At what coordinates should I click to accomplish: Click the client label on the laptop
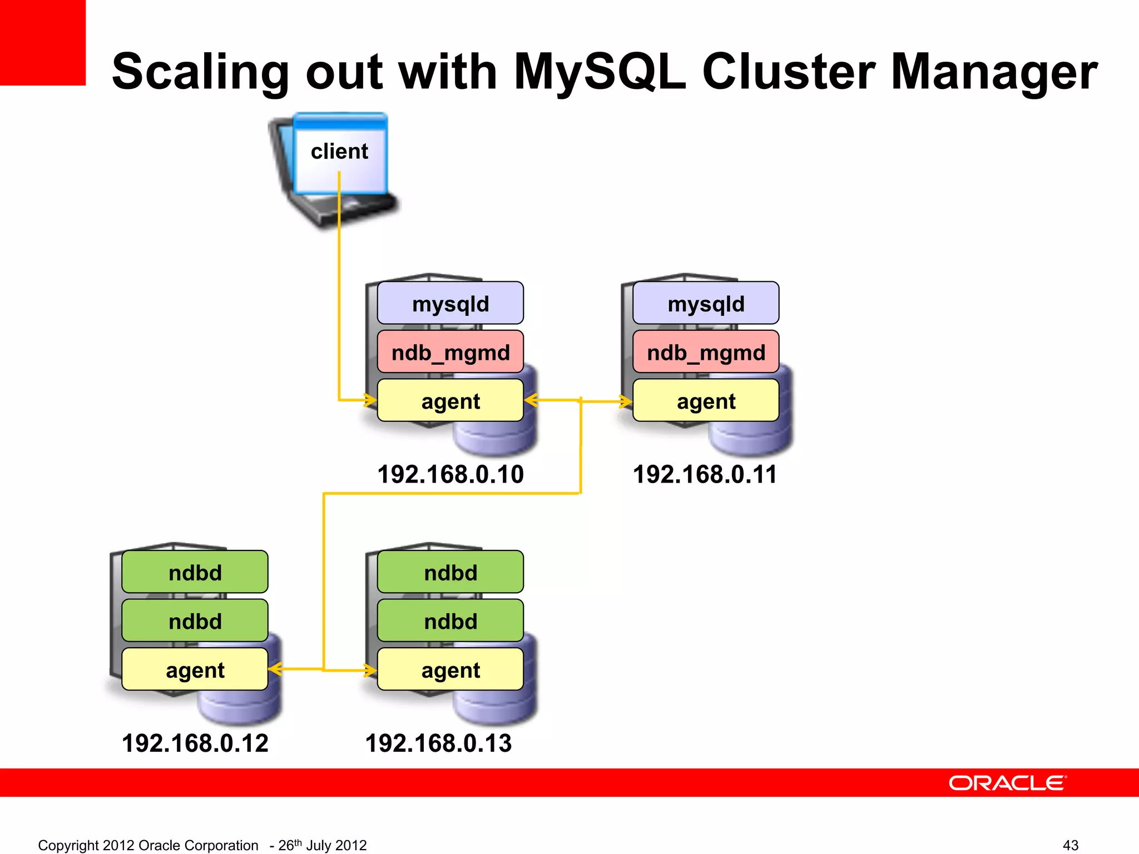[339, 151]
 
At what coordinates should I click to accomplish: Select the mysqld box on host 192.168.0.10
[450, 304]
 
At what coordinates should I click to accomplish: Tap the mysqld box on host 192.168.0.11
[705, 304]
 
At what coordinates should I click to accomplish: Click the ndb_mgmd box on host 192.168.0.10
[450, 352]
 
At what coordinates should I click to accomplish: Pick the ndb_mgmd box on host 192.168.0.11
[705, 352]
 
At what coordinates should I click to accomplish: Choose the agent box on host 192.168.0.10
[450, 401]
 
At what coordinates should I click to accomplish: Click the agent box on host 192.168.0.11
[705, 401]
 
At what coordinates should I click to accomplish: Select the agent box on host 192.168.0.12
[195, 669]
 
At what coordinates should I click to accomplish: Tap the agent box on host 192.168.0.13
[450, 669]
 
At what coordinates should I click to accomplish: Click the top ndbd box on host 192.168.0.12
[195, 572]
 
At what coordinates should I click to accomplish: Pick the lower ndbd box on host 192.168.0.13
[450, 620]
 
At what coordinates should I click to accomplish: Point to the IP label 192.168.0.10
[450, 474]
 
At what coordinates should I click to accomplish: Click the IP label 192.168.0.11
[705, 474]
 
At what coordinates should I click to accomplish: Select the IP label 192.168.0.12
[195, 743]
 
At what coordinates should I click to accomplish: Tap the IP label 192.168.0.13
[438, 743]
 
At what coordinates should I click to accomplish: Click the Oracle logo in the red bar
[1007, 783]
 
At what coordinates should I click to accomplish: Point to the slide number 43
[1070, 845]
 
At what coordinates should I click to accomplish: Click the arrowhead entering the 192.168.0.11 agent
[627, 401]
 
